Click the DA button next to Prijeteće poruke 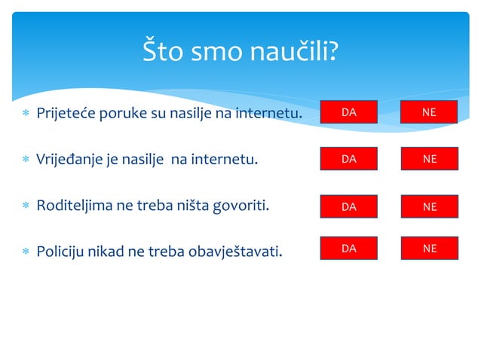click(x=348, y=112)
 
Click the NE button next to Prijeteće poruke click(x=429, y=112)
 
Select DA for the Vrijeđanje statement click(x=348, y=159)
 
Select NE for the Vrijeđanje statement click(x=429, y=159)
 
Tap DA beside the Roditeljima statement click(x=348, y=206)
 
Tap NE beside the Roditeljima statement click(x=429, y=206)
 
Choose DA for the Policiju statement click(x=348, y=248)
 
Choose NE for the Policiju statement click(x=429, y=248)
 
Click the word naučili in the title click(x=290, y=52)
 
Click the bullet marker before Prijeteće click(x=26, y=114)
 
